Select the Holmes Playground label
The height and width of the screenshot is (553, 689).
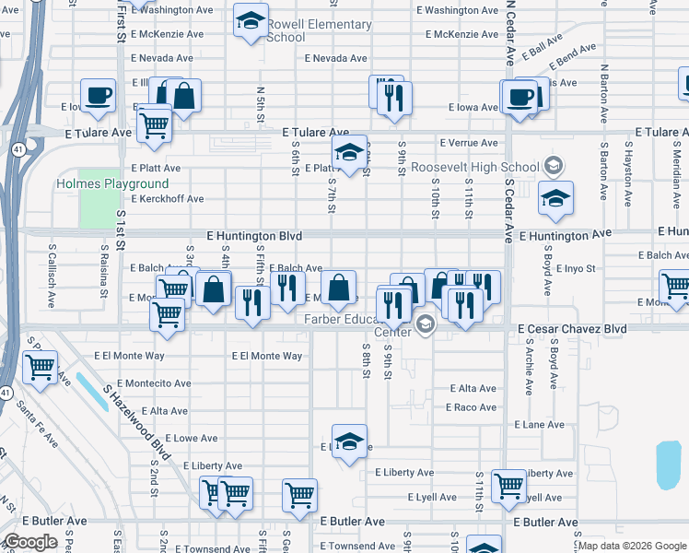[x=112, y=183]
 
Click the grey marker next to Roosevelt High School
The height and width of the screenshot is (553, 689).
[x=553, y=167]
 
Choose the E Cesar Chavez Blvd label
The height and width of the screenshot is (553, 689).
[x=572, y=329]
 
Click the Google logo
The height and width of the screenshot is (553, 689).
[x=31, y=542]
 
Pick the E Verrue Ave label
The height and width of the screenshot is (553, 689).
[x=469, y=143]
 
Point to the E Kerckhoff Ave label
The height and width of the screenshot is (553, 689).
[x=167, y=199]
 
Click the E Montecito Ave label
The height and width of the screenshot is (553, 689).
[x=143, y=382]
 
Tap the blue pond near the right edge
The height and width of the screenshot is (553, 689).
[x=669, y=465]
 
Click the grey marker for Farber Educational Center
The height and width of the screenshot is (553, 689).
[x=425, y=323]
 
